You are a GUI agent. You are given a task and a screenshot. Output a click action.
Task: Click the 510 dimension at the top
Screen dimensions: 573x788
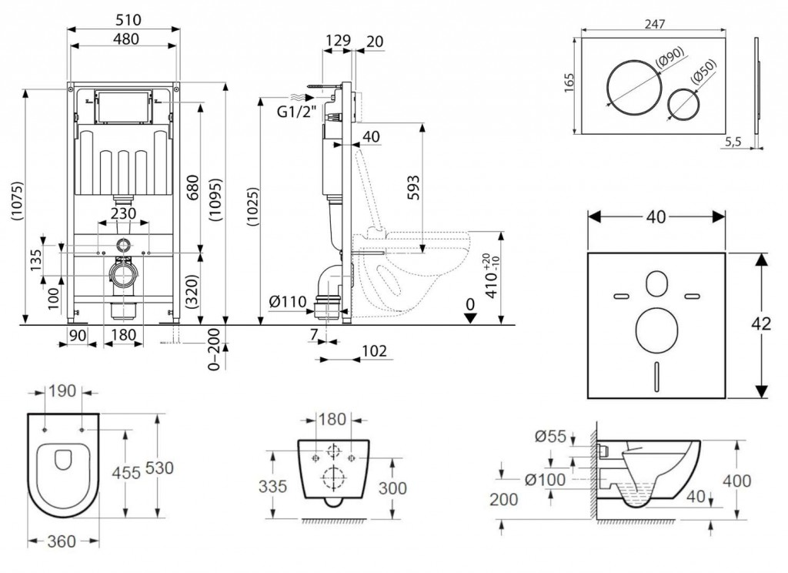point(124,18)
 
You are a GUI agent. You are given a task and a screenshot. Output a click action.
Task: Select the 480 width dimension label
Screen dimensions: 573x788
point(124,39)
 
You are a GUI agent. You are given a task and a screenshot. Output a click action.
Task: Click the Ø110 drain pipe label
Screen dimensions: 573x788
point(287,303)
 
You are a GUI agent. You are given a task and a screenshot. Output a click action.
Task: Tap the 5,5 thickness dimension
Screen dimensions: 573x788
point(733,142)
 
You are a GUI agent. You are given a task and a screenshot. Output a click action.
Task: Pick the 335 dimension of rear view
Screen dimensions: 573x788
point(273,486)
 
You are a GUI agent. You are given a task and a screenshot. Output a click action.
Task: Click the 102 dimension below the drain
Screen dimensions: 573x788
point(372,351)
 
